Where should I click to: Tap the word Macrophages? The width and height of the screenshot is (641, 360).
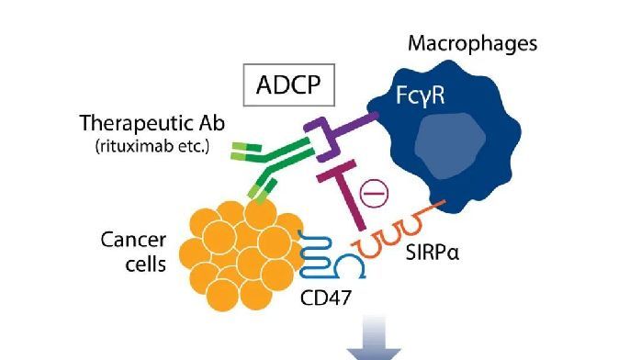[x=472, y=43]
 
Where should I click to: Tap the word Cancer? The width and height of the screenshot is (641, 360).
[x=132, y=241]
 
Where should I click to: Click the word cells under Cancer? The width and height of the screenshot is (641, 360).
[x=141, y=265]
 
